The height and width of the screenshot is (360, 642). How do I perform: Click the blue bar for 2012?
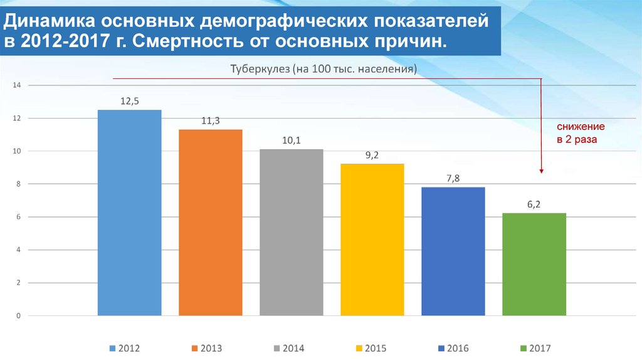[x=129, y=213]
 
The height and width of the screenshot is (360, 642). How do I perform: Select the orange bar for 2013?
[x=210, y=222]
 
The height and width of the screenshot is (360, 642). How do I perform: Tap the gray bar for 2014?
[x=291, y=232]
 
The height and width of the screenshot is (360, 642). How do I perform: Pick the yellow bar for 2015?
[x=372, y=239]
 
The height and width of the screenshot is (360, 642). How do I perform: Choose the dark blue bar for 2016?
[x=453, y=251]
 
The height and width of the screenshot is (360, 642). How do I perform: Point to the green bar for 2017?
[x=534, y=264]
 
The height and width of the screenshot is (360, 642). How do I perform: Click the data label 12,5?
[x=130, y=101]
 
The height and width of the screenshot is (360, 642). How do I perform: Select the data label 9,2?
[x=372, y=155]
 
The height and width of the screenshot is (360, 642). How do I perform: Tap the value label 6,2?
[x=534, y=204]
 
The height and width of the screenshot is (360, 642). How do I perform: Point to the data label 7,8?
[x=453, y=178]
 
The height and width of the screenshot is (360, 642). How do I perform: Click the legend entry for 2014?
[x=288, y=348]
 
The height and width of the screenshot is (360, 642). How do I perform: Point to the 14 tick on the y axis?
[x=17, y=85]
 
